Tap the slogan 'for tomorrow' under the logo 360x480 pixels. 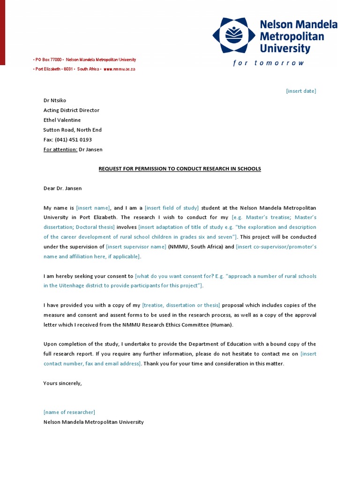tap(269, 63)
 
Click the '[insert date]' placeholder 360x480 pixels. tap(301, 91)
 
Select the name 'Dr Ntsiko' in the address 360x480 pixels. tap(55, 100)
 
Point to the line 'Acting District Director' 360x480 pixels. tap(71, 110)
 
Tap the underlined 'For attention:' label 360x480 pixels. tap(60, 150)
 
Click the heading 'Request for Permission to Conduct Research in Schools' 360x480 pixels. tap(180, 169)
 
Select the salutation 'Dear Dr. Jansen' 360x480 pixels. tap(62, 188)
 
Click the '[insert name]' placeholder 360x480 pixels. tap(93, 208)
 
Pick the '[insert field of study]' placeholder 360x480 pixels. tap(172, 208)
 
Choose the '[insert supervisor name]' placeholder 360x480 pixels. tap(136, 247)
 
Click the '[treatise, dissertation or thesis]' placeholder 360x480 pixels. tap(181, 305)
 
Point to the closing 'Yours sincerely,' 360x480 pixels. tap(62, 383)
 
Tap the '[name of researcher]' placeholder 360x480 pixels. tap(69, 412)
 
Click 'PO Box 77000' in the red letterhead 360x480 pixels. tap(48, 60)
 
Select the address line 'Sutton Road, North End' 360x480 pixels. tap(72, 130)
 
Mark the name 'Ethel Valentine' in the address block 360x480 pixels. tap(62, 120)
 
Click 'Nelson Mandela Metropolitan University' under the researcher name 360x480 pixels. tap(93, 422)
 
